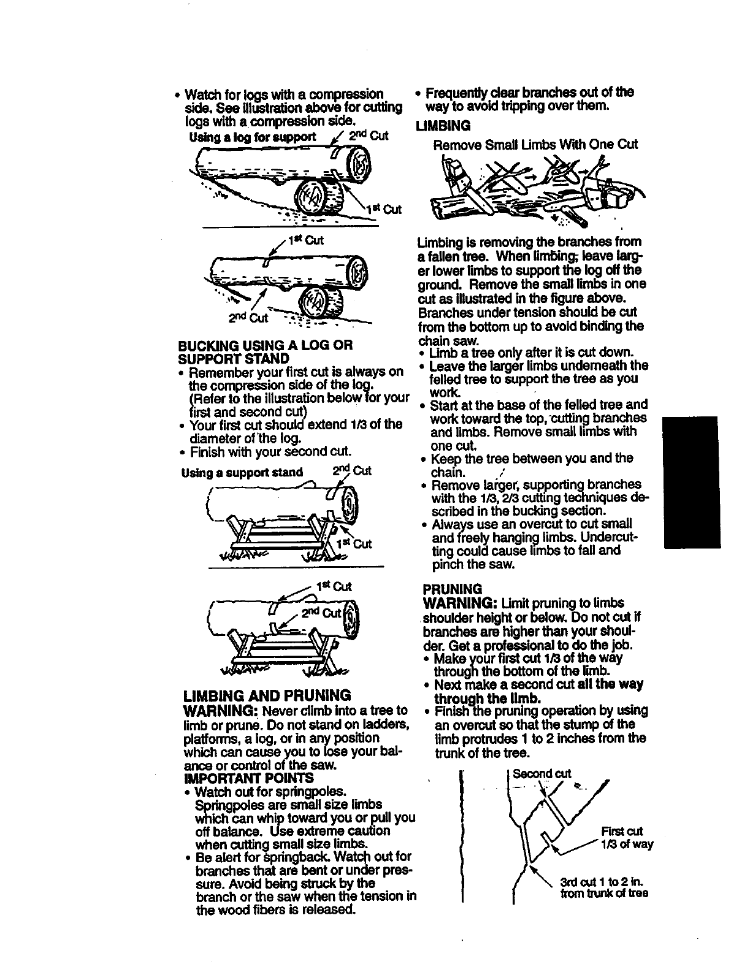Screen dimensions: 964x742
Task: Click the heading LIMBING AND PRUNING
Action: pos(267,695)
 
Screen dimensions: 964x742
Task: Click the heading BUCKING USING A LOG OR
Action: pos(265,345)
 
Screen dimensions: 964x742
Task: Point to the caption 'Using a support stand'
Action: pos(242,472)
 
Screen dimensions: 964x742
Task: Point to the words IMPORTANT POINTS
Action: pos(248,778)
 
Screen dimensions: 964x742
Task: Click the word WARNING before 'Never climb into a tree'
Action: pos(221,711)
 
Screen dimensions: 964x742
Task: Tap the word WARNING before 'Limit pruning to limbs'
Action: pos(461,603)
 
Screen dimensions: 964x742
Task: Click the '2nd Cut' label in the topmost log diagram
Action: pos(372,136)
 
